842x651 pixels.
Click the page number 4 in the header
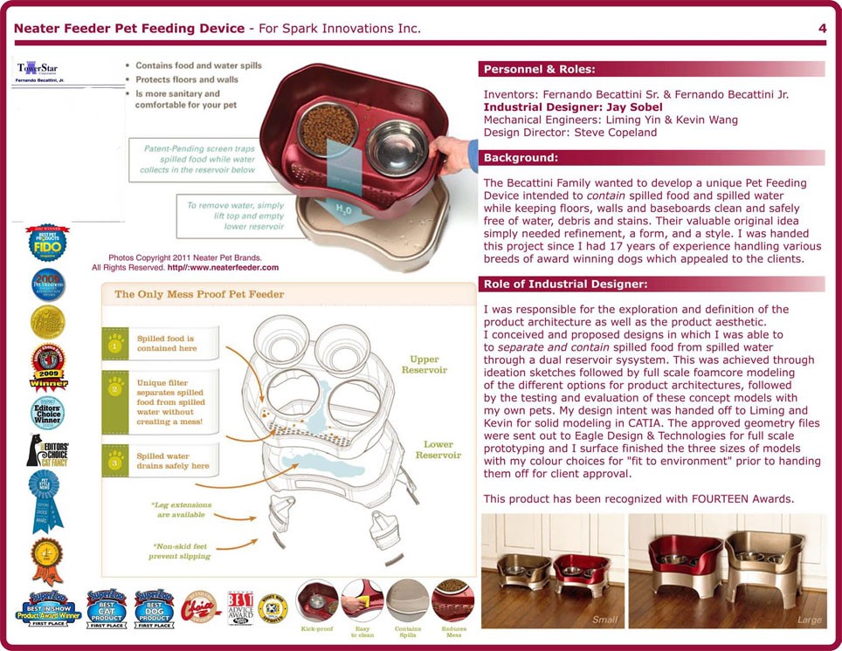[x=822, y=29]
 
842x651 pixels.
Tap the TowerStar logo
[x=36, y=69]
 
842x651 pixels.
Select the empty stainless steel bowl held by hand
[x=397, y=145]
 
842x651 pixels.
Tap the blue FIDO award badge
[x=47, y=243]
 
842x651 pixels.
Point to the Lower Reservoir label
[x=438, y=450]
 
